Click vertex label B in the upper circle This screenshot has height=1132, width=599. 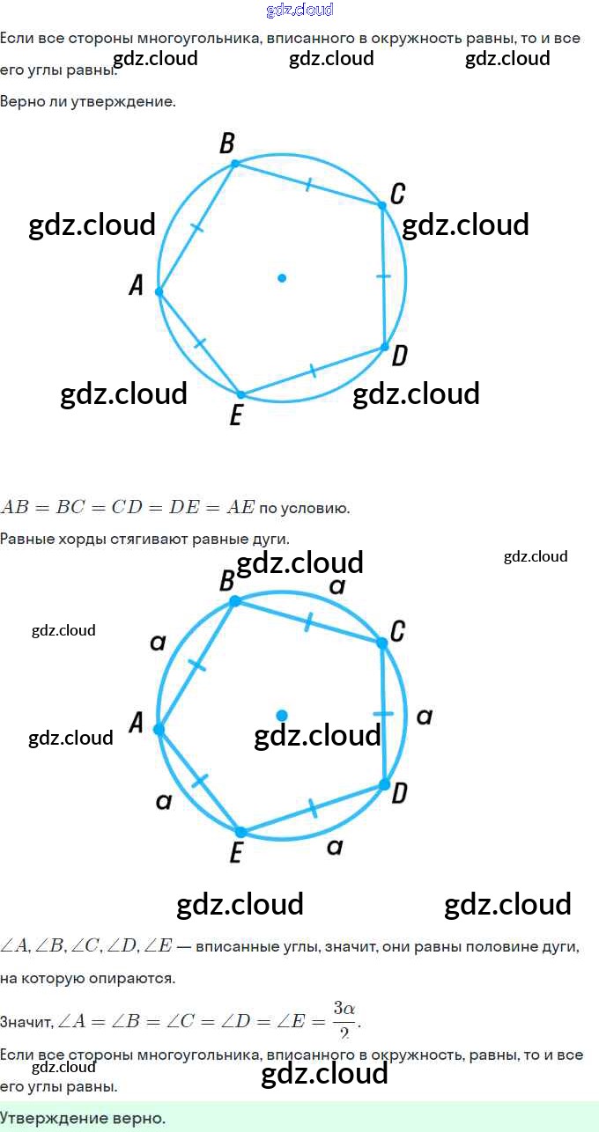pos(226,143)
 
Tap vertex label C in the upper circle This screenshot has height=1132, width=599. pos(397,193)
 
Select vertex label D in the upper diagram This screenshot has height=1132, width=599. pos(399,356)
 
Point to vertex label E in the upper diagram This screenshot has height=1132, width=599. pos(235,414)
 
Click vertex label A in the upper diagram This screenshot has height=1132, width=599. pos(137,285)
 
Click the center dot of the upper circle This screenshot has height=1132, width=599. pos(282,277)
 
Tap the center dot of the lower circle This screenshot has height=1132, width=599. pos(282,716)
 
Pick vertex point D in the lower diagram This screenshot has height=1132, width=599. pos(384,783)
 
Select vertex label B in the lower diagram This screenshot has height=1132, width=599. pos(226,581)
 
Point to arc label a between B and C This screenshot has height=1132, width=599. pos(336,586)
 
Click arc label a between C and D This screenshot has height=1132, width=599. pos(424,717)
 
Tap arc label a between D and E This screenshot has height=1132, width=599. pos(334,847)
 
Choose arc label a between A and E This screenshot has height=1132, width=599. pos(163,801)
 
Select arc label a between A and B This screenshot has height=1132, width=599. pos(158,643)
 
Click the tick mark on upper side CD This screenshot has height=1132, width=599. pos(383,276)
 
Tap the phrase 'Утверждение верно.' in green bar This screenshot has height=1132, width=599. pos(83,1119)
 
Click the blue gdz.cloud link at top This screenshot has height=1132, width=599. pos(299,11)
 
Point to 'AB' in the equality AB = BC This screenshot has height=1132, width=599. pos(16,507)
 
